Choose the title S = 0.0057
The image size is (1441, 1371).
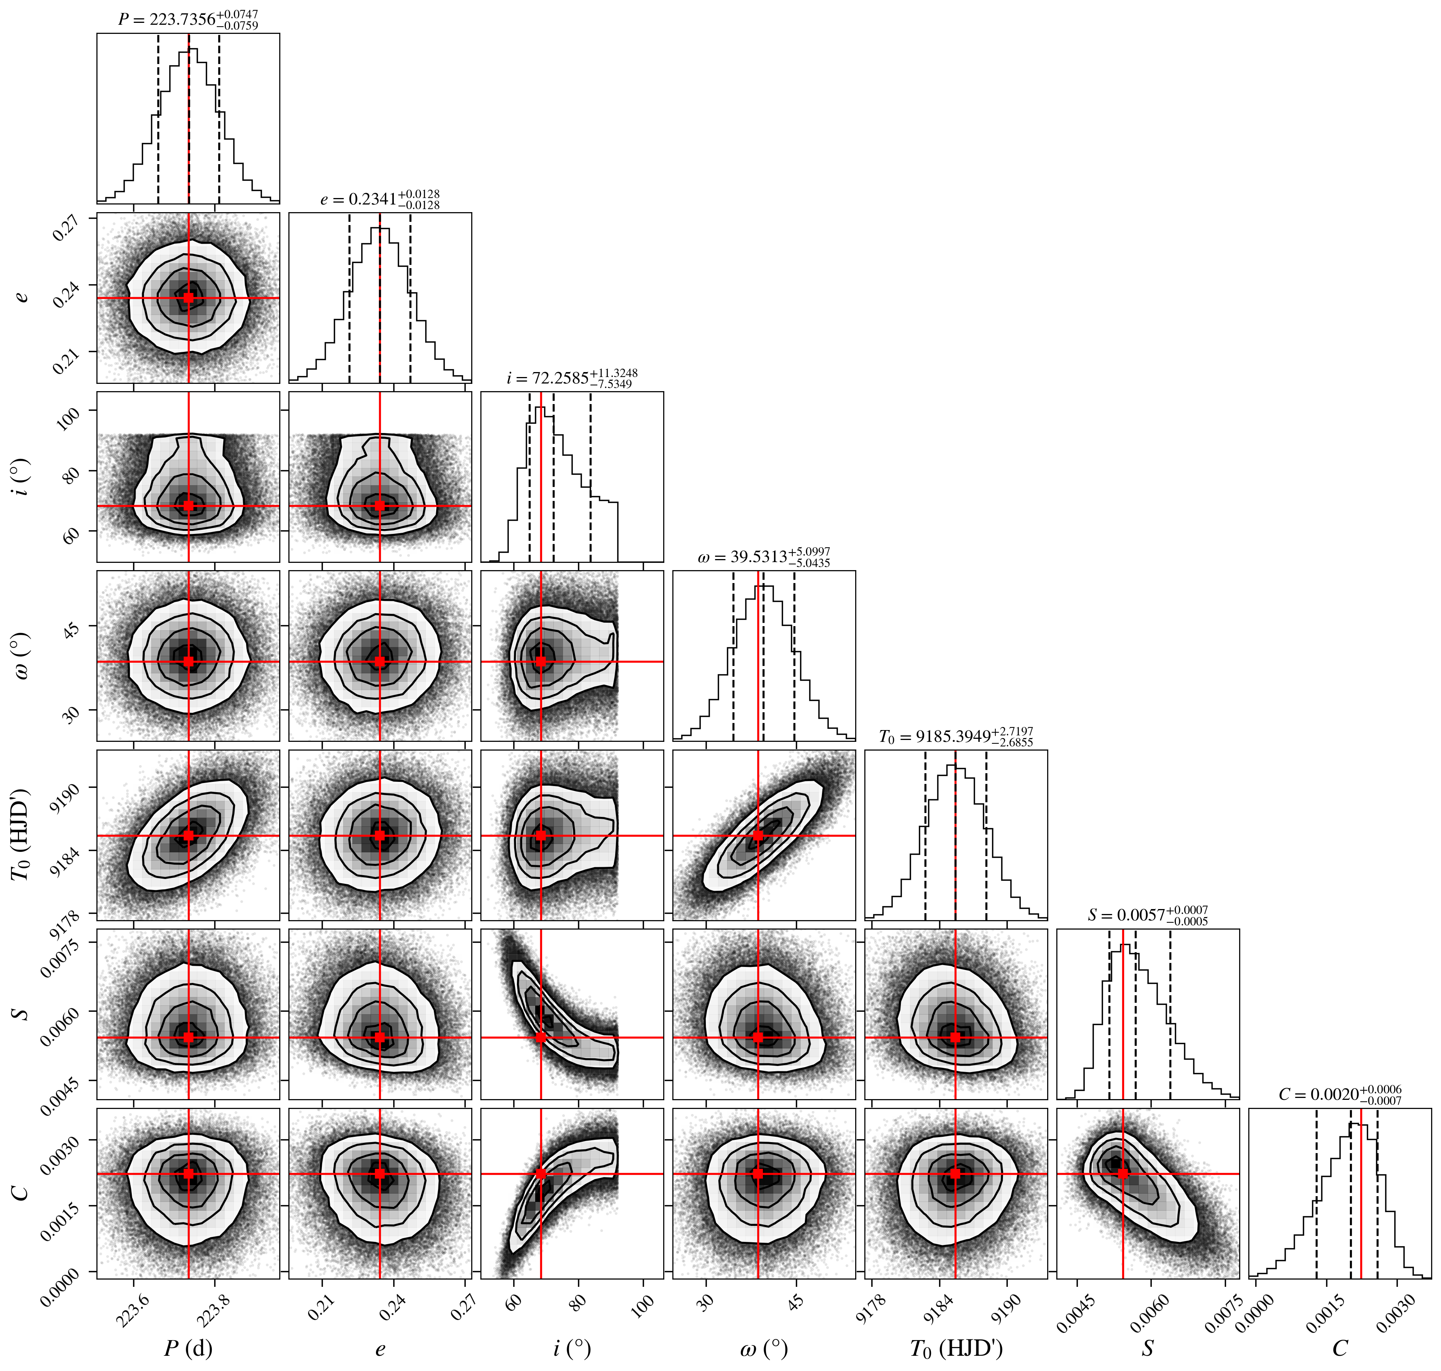(1148, 915)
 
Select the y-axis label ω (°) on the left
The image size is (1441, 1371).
(22, 655)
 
